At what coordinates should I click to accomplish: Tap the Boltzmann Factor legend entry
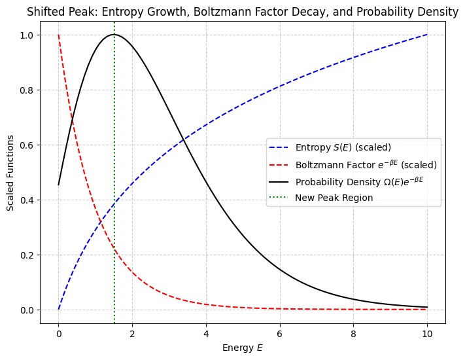click(x=364, y=164)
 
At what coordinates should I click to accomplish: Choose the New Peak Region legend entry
click(x=334, y=198)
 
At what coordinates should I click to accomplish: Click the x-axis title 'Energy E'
click(x=243, y=347)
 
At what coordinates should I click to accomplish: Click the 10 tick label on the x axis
click(x=427, y=335)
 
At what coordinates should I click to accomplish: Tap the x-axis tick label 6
click(x=280, y=335)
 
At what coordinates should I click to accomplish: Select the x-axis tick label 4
click(x=206, y=335)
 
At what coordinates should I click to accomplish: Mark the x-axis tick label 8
click(x=353, y=335)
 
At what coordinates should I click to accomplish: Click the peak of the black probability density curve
click(x=114, y=35)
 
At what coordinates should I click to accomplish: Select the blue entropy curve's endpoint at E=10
click(x=427, y=35)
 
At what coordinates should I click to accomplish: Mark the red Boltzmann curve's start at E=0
click(x=58, y=35)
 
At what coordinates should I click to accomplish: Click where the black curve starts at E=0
click(x=58, y=185)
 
